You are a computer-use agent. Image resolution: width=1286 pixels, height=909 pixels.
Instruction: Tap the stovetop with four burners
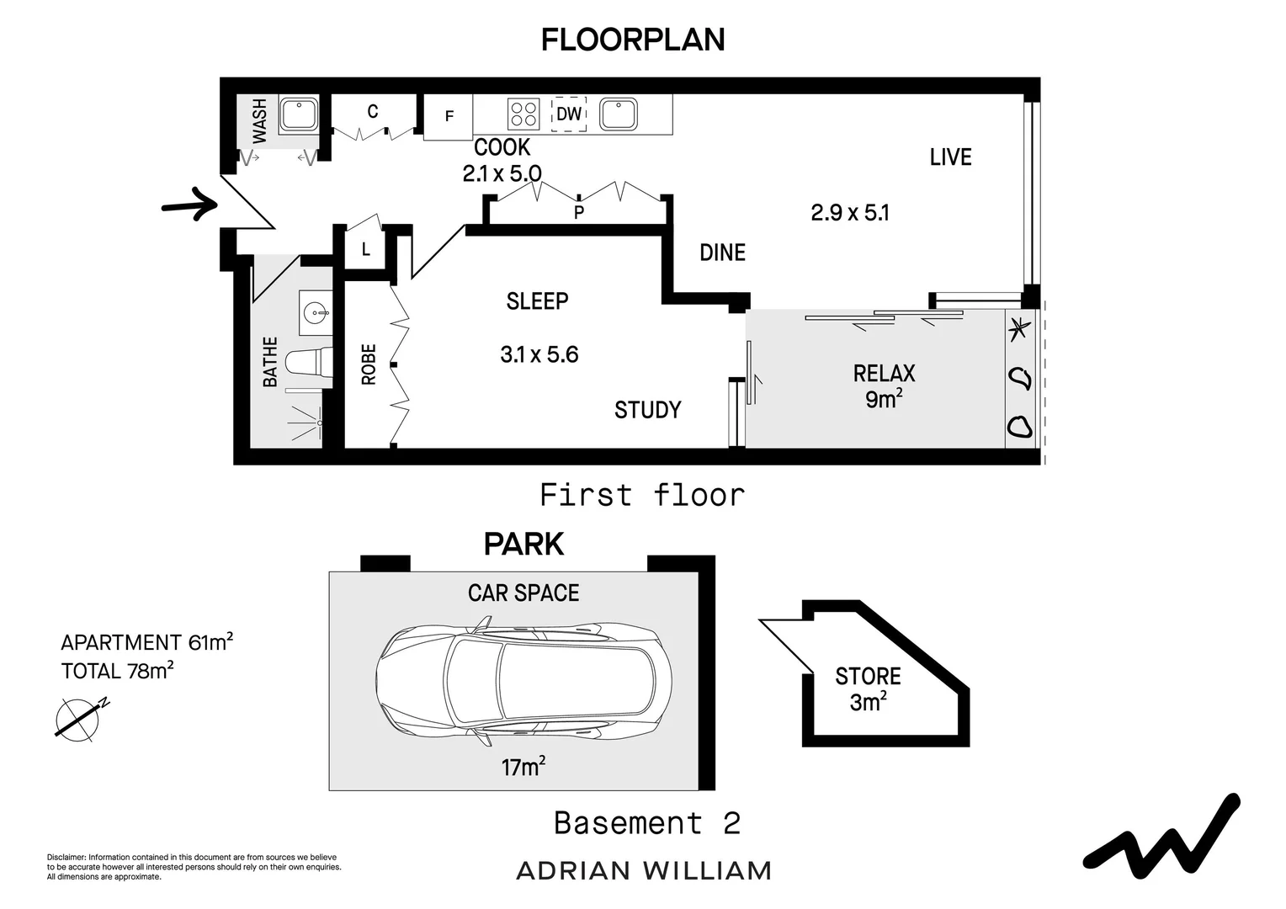(523, 113)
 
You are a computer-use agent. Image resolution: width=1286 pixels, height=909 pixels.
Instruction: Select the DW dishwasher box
(569, 114)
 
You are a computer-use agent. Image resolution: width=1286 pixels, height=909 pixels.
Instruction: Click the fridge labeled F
(449, 116)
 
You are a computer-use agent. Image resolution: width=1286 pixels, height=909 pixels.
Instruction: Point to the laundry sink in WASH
(299, 114)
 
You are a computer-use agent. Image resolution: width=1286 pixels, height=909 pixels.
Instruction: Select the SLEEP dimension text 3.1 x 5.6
(539, 354)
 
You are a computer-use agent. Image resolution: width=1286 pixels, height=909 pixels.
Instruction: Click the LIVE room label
(950, 157)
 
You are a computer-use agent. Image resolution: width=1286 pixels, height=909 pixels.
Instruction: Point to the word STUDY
(647, 410)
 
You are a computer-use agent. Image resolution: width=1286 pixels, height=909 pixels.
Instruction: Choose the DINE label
(722, 252)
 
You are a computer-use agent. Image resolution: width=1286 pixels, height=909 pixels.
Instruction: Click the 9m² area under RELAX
(884, 398)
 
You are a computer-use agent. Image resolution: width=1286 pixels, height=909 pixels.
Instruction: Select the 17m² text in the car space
(523, 767)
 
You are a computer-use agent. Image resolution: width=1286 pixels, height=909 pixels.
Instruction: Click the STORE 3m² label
(868, 688)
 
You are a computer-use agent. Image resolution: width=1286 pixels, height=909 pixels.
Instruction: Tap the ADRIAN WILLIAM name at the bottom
(643, 870)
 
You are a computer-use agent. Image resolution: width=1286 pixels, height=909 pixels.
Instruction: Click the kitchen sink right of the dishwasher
(618, 114)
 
